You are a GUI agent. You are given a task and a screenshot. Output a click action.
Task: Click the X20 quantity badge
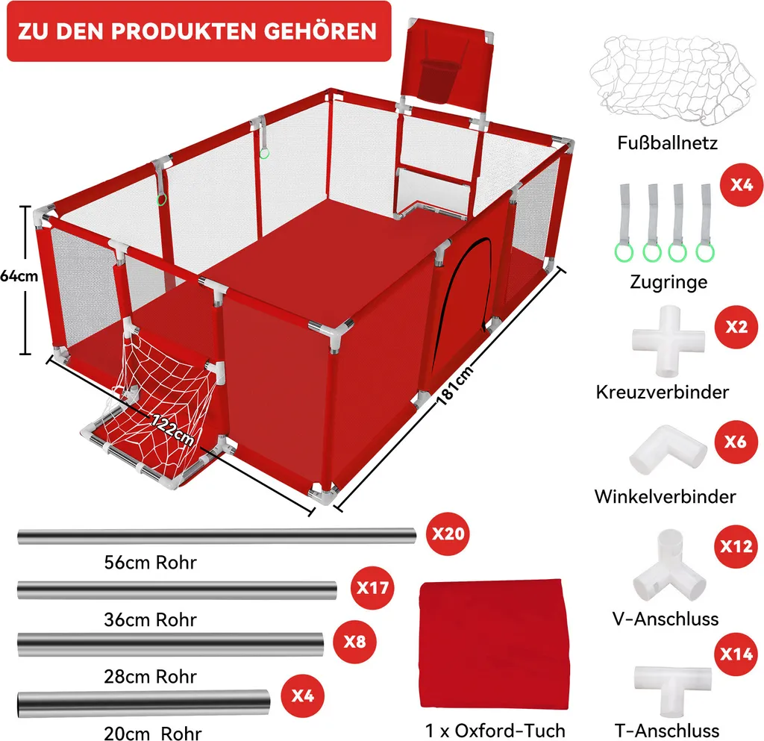(448, 534)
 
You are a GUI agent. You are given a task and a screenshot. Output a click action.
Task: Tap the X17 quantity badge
(372, 588)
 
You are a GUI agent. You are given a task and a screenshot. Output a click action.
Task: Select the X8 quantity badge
(354, 642)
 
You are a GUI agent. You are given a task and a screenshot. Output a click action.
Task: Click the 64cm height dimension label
(19, 276)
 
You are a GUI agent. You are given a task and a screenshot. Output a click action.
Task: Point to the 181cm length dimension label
(454, 385)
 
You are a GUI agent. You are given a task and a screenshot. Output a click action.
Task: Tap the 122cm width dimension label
(173, 429)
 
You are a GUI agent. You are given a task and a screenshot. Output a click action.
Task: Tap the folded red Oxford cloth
(494, 644)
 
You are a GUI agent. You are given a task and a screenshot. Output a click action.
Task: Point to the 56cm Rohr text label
(150, 562)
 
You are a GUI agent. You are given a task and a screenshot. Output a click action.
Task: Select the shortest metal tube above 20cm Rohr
(144, 703)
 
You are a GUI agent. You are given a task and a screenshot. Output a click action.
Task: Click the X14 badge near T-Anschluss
(736, 654)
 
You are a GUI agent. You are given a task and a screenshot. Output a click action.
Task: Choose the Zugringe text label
(668, 282)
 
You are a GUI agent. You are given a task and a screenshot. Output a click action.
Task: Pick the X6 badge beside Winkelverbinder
(735, 442)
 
